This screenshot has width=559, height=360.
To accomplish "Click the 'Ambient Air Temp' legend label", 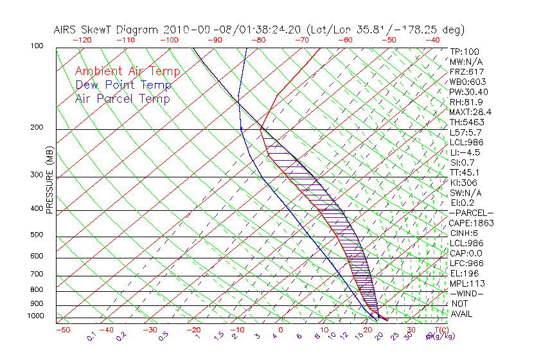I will click(127, 71).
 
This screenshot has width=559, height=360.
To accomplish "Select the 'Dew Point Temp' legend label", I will click(123, 85).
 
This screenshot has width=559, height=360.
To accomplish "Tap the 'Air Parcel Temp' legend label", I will click(122, 98).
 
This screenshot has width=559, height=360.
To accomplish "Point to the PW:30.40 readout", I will click(468, 92).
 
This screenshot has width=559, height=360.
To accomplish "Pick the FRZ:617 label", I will click(466, 71).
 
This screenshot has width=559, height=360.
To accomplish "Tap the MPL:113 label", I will click(466, 283).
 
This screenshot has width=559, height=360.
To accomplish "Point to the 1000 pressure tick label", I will click(36, 316).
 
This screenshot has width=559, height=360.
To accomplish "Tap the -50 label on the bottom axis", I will click(62, 330).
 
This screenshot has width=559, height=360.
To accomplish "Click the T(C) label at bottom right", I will click(439, 330).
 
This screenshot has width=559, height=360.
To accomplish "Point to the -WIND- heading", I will click(466, 293).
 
